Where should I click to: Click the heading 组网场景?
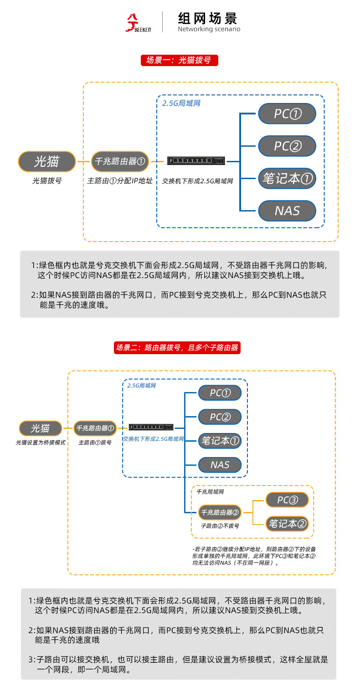click(x=208, y=19)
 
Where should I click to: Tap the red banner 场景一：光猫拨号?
click(x=180, y=60)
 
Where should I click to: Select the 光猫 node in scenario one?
click(x=46, y=161)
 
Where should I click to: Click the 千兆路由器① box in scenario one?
click(x=120, y=161)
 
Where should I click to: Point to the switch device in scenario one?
click(x=196, y=161)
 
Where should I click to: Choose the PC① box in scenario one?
click(x=287, y=113)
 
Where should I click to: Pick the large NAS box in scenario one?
click(x=287, y=211)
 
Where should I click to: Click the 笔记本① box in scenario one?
click(x=287, y=178)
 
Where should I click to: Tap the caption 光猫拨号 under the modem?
click(x=47, y=181)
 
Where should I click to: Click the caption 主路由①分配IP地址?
click(x=120, y=181)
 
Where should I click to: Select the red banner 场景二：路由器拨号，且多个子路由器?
click(x=177, y=348)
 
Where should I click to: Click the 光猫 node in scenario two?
click(x=41, y=428)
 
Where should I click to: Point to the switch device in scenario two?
click(x=151, y=427)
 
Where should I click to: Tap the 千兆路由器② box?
click(x=220, y=512)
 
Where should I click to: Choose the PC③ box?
click(x=287, y=500)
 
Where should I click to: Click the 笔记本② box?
click(x=287, y=524)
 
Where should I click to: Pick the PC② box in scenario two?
click(x=220, y=417)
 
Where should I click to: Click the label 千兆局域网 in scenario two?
click(x=210, y=492)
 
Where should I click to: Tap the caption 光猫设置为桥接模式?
click(x=41, y=443)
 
